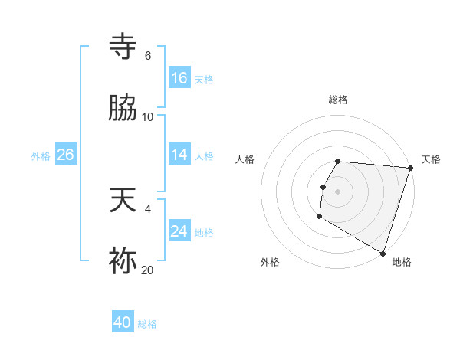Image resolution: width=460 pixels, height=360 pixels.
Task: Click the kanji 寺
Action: (123, 47)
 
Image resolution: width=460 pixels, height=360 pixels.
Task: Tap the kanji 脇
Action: (123, 108)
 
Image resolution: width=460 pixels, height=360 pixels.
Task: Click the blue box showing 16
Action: (179, 77)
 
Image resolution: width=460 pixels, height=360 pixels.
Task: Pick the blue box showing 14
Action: (179, 155)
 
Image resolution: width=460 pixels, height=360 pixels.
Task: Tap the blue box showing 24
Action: (179, 231)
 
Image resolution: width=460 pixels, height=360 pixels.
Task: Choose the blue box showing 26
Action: (65, 155)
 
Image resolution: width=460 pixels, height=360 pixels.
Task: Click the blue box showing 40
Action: (123, 322)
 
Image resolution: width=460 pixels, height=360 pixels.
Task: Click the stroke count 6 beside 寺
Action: (147, 56)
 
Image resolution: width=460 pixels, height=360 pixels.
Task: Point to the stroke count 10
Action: (148, 117)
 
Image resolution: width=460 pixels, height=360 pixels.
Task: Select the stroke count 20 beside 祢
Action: (148, 270)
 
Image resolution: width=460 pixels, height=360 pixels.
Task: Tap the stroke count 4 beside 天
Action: (147, 209)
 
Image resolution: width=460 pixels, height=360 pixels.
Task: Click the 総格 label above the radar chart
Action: (338, 100)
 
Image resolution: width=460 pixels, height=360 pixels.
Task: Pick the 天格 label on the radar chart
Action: (431, 159)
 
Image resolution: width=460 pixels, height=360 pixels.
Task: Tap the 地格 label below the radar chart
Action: (402, 262)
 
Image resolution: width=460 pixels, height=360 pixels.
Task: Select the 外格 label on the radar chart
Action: (270, 262)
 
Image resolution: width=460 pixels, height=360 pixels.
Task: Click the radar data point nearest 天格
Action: (410, 168)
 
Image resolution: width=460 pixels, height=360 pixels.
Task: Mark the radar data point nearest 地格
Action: (383, 254)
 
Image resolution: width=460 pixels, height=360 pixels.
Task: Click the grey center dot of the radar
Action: (338, 190)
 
